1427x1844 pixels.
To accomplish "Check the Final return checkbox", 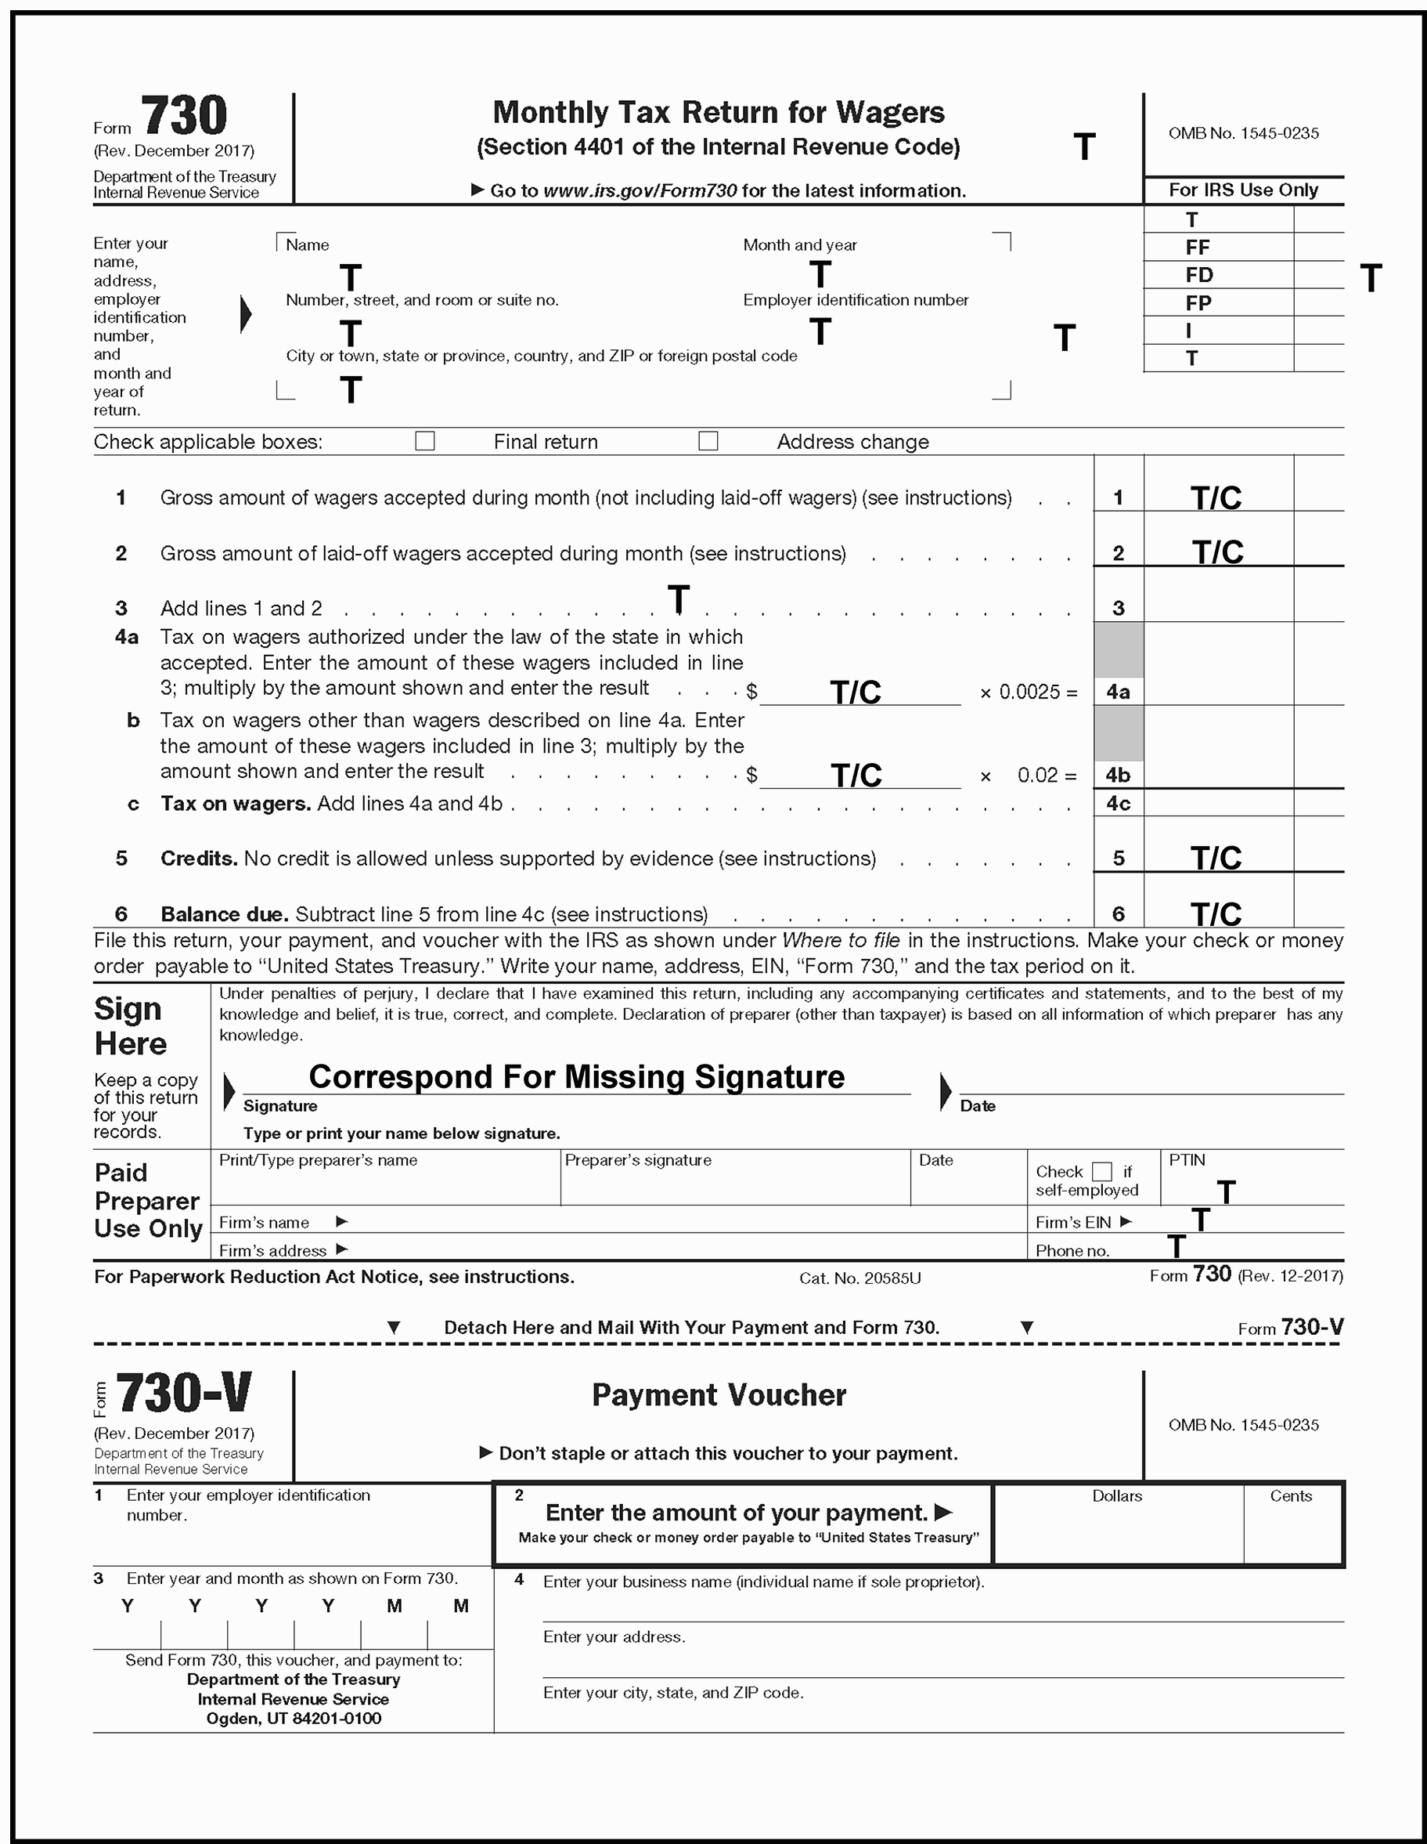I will pyautogui.click(x=424, y=441).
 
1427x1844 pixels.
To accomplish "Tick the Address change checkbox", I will pyautogui.click(x=708, y=441).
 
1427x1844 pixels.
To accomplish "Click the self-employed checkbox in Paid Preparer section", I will pyautogui.click(x=1101, y=1171).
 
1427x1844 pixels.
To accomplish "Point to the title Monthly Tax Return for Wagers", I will pyautogui.click(x=718, y=112).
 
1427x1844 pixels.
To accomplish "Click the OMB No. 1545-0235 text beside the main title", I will pyautogui.click(x=1243, y=133).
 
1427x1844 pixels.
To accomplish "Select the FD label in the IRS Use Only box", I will pyautogui.click(x=1198, y=275).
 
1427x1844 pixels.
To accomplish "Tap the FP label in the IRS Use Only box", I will pyautogui.click(x=1198, y=303).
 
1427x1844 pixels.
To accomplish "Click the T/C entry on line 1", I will pyautogui.click(x=1216, y=498).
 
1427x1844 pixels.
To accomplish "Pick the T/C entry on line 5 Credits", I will pyautogui.click(x=1216, y=859).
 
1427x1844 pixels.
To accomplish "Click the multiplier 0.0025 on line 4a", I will pyautogui.click(x=1029, y=692).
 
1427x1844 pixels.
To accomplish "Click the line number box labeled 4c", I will pyautogui.click(x=1118, y=803).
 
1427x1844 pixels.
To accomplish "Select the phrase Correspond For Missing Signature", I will pyautogui.click(x=576, y=1076).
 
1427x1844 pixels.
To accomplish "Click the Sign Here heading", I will pyautogui.click(x=131, y=1026).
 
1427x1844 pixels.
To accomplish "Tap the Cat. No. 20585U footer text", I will pyautogui.click(x=860, y=1278).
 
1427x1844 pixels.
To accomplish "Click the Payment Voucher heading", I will pyautogui.click(x=718, y=1395).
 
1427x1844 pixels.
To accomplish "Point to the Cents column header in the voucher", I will pyautogui.click(x=1290, y=1496).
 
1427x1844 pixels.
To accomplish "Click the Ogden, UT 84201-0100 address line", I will pyautogui.click(x=294, y=1718).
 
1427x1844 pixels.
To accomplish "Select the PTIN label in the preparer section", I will pyautogui.click(x=1187, y=1160).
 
